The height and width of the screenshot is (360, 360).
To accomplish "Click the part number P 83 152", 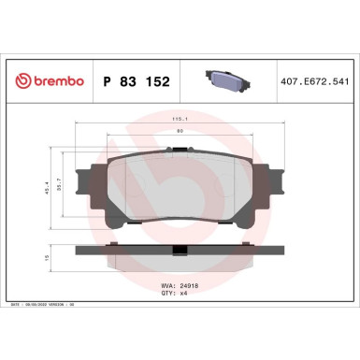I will coord(133,83).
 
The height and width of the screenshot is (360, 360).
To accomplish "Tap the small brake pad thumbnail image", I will coord(225,81).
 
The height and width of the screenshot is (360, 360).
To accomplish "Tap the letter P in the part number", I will coord(106,83).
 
